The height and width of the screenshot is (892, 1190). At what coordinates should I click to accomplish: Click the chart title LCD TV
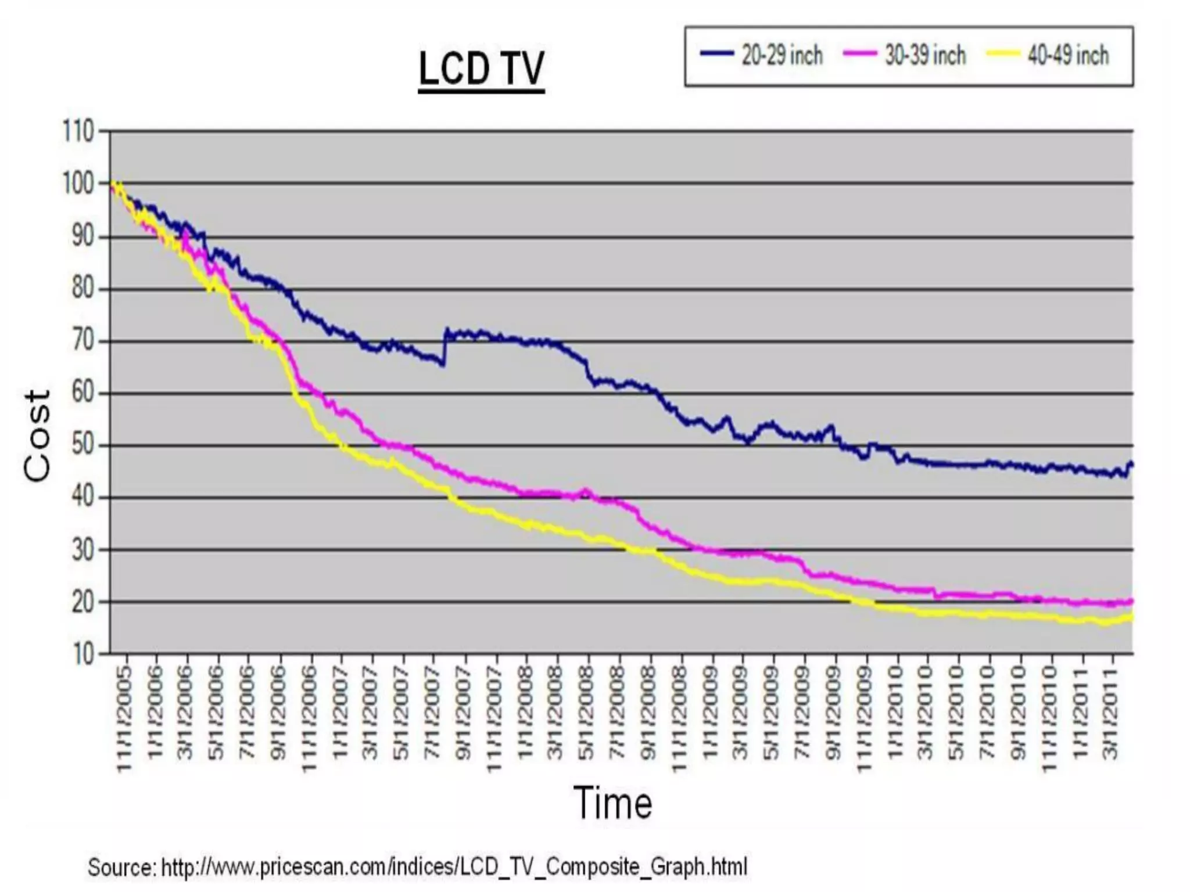[481, 69]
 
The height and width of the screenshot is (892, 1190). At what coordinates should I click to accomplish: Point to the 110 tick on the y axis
[78, 132]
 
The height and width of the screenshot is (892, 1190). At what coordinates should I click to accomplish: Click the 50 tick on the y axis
[83, 445]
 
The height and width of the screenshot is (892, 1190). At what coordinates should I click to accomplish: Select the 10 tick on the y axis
[83, 654]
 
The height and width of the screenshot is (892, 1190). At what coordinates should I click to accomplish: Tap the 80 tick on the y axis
[83, 289]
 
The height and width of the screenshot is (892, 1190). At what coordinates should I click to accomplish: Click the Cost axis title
[37, 436]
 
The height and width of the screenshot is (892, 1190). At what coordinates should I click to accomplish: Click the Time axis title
[613, 803]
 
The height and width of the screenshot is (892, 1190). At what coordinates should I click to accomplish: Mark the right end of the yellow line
[1131, 617]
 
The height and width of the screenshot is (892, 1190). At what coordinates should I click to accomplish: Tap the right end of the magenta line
[1131, 602]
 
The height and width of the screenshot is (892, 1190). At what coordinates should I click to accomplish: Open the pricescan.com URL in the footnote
[454, 866]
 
